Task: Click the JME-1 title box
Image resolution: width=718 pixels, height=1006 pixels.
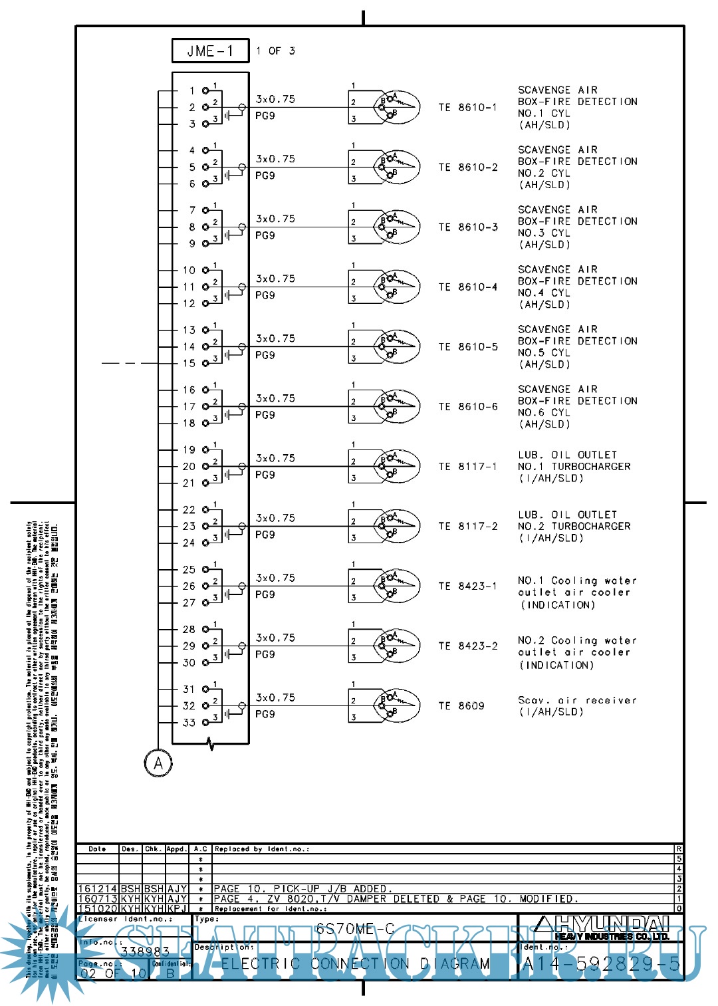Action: click(x=210, y=51)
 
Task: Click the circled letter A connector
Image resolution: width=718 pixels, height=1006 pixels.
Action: click(x=158, y=763)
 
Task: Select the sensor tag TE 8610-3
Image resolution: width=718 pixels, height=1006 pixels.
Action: click(x=468, y=227)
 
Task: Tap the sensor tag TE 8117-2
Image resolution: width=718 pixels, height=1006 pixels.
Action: click(x=468, y=527)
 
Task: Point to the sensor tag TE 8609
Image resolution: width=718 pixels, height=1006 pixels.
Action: click(x=461, y=706)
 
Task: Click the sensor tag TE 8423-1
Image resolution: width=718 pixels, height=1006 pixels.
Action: click(x=468, y=586)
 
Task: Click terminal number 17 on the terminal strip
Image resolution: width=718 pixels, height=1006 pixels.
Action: click(x=189, y=406)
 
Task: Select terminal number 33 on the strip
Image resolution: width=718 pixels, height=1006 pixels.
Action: click(x=189, y=723)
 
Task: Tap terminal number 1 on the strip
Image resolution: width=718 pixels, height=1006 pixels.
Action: click(x=191, y=90)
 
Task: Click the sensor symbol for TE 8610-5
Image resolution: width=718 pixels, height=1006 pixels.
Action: click(x=396, y=346)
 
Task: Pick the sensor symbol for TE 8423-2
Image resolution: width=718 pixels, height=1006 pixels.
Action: click(x=396, y=646)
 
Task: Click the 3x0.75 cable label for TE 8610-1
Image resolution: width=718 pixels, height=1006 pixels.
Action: click(x=275, y=99)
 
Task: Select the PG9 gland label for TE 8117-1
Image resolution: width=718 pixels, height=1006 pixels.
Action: click(x=265, y=475)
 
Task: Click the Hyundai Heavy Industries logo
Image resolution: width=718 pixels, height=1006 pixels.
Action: click(x=602, y=928)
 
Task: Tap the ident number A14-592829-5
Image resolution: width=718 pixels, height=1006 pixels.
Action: click(x=602, y=964)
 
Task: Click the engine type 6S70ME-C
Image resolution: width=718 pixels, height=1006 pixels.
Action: click(x=355, y=928)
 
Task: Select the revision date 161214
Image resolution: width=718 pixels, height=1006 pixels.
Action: click(x=98, y=889)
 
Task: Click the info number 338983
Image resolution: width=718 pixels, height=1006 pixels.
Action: click(x=145, y=952)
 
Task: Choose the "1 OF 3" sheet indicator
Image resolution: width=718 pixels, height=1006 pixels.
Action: click(x=275, y=51)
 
